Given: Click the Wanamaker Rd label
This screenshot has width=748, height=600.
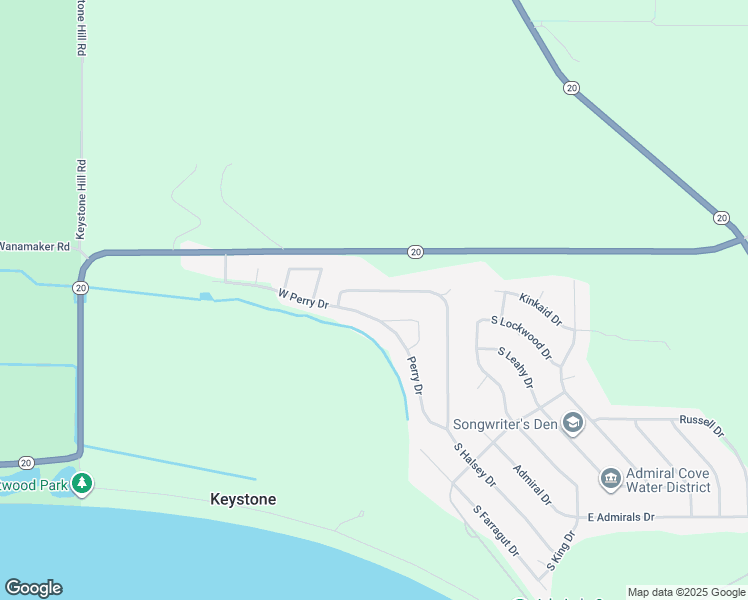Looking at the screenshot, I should [x=34, y=245].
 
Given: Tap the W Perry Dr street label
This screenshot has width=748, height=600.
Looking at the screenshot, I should [x=303, y=298].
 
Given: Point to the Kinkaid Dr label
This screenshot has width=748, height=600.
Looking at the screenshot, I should [x=541, y=308].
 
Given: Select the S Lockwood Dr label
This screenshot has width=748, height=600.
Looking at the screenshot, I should [x=521, y=338].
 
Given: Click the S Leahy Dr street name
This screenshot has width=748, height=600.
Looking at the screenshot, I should [x=516, y=368].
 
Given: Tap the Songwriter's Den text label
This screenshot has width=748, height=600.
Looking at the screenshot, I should [x=504, y=424].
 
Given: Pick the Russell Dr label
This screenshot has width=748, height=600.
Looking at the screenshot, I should [x=701, y=425].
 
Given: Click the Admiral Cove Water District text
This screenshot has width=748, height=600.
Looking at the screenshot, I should [x=668, y=480].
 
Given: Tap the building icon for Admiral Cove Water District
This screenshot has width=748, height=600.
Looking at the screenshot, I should [x=610, y=480].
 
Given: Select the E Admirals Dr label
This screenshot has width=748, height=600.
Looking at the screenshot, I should [x=620, y=517].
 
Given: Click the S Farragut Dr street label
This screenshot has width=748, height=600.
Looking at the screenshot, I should [x=497, y=531].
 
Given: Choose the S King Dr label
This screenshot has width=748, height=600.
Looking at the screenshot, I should [x=562, y=554].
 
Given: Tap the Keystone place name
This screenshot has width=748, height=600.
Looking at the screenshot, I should [x=243, y=499].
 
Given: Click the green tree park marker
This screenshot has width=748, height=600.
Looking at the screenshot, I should [x=82, y=484].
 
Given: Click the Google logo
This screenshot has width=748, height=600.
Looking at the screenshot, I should [x=33, y=588].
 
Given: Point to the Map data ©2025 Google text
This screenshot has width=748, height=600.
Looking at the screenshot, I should [x=686, y=592].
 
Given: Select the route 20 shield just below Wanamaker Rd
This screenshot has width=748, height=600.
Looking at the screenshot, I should [x=80, y=288].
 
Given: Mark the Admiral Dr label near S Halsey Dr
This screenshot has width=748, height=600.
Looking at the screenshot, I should [x=532, y=484].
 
